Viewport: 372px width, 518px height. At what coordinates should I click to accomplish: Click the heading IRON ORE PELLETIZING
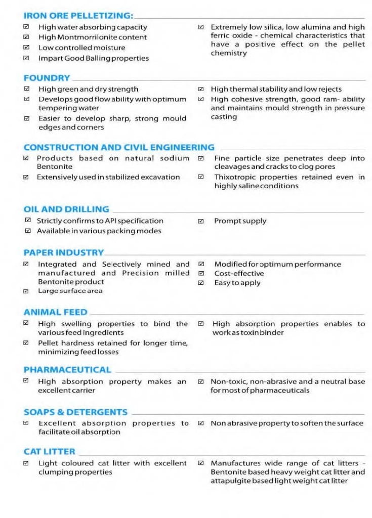point(78,16)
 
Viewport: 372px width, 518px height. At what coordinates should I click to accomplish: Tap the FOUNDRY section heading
point(47,78)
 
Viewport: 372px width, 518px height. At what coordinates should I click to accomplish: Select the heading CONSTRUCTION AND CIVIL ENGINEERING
point(119,148)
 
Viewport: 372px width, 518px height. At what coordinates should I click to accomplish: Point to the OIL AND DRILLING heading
point(66,209)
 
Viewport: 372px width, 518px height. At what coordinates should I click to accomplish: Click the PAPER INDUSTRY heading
point(64,252)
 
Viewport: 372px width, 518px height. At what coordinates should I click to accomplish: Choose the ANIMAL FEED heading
point(55,312)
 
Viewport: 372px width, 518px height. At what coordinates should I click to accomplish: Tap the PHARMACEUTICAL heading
point(67,370)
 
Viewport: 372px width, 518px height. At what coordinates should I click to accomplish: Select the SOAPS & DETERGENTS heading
point(75,412)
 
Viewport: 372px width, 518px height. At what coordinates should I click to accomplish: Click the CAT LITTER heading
point(49,451)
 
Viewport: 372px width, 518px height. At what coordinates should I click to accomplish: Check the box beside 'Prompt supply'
point(201,221)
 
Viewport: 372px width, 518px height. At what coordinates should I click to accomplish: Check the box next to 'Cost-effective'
point(201,274)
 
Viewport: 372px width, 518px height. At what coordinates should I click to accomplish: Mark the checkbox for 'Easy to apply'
point(201,283)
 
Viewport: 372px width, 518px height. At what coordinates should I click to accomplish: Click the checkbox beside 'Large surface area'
point(26,291)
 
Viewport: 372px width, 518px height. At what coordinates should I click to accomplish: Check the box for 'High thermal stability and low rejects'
point(201,90)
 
